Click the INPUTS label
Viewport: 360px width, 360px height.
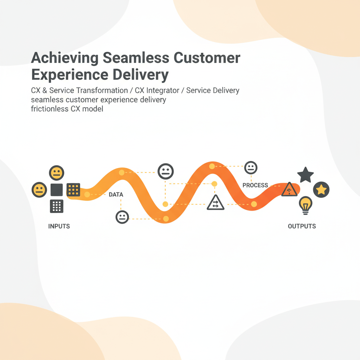59,226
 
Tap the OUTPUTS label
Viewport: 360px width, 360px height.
302,226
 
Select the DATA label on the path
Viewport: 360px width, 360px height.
116,194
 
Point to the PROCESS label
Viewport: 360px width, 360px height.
255,185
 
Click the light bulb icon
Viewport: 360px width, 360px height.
306,205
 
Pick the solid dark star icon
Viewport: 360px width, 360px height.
306,175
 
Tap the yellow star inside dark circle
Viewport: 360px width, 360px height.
321,189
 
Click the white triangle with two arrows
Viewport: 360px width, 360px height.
216,203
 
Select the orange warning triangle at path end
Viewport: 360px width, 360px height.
289,189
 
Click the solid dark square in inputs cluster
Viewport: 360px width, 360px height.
57,190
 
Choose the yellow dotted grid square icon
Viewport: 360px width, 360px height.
73,189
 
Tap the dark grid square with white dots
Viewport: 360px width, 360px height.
57,206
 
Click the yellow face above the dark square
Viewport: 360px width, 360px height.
57,173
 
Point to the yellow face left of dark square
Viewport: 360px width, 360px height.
39,190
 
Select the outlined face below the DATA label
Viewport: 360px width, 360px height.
122,217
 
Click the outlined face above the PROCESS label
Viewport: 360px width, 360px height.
251,168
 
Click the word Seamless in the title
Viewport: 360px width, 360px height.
136,58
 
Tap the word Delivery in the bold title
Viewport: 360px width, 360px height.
141,75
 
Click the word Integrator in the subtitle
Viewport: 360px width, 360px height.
162,90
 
